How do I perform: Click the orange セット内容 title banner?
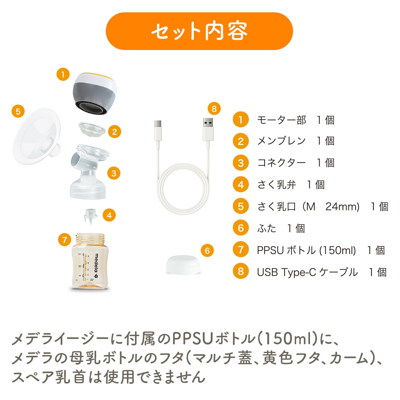point(199,31)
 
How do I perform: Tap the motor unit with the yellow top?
point(95,93)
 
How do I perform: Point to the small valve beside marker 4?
point(91,216)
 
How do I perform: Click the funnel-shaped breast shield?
point(37,136)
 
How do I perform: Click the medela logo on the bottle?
point(96,266)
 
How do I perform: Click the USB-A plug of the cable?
point(208,129)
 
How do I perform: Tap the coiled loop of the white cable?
point(183,189)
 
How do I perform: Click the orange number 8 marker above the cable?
point(214,109)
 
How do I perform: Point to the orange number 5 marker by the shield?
point(18,112)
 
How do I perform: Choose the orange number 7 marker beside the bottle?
point(65,240)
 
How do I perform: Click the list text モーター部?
point(282,120)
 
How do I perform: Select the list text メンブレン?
point(282,141)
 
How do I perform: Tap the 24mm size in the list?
point(342,207)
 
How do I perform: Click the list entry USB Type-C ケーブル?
point(307,272)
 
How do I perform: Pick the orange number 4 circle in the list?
point(240,185)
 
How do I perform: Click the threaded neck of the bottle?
point(90,238)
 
